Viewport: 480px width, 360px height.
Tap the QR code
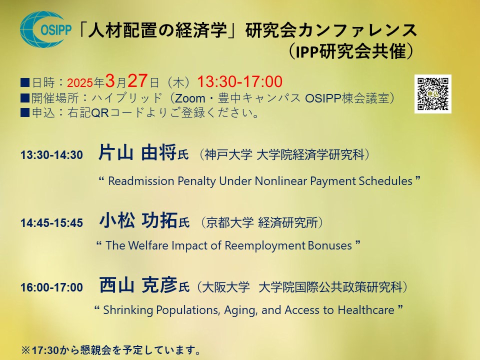tap(432, 93)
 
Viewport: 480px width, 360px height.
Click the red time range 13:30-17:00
tap(239, 81)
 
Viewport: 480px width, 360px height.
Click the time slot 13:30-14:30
tap(51, 155)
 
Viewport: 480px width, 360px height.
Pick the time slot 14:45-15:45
tap(51, 223)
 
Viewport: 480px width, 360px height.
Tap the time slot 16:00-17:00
tap(51, 287)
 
